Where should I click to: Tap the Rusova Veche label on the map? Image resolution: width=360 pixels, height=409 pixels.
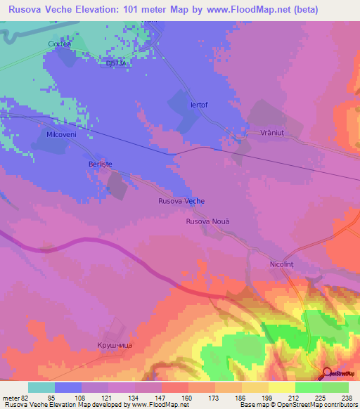tap(181, 201)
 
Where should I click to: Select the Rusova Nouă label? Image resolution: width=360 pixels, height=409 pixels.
tap(207, 221)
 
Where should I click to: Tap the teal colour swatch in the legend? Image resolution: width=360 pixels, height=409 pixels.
tap(41, 387)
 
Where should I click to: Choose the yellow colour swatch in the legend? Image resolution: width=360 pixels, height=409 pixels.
tap(281, 387)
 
